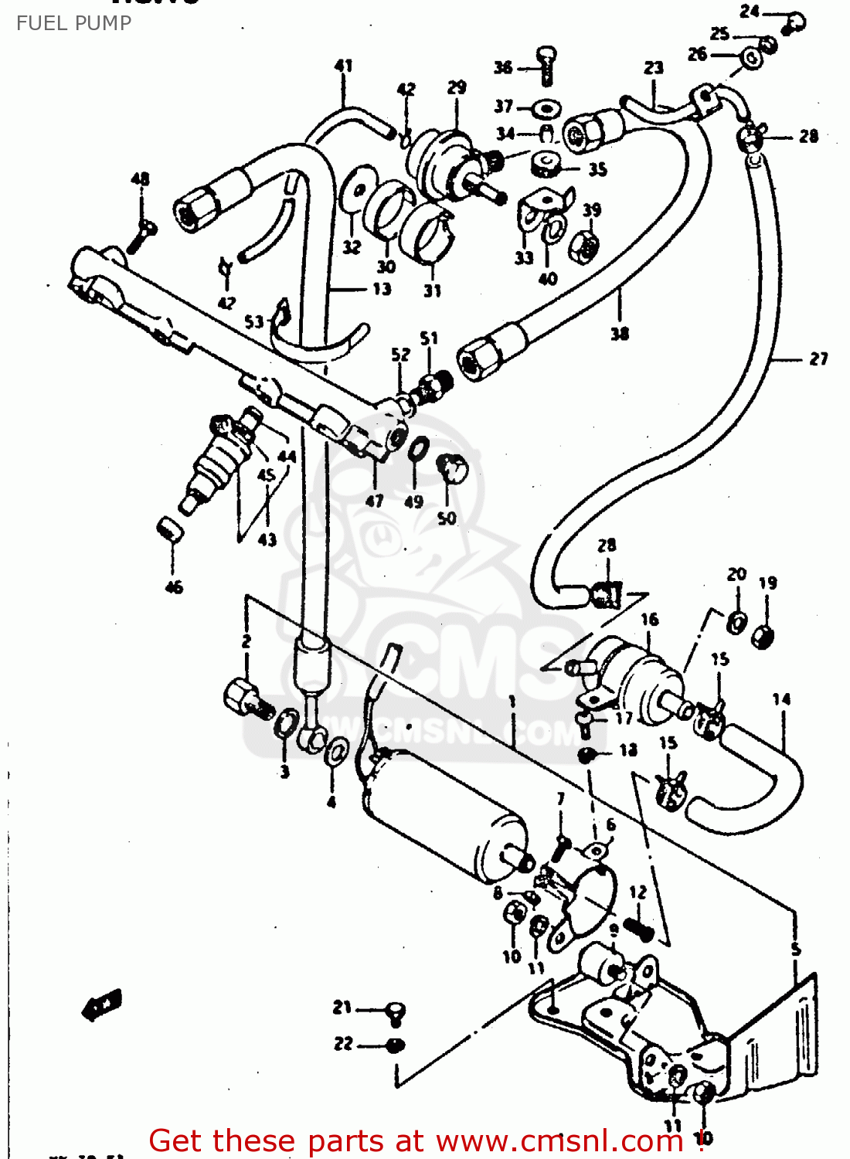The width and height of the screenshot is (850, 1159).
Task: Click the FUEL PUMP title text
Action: click(x=74, y=23)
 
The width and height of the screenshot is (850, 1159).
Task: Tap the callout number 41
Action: click(x=343, y=66)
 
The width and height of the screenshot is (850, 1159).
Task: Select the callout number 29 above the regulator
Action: click(x=457, y=87)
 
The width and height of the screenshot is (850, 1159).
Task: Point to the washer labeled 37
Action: click(x=546, y=107)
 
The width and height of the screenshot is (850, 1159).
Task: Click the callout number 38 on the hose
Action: click(x=620, y=334)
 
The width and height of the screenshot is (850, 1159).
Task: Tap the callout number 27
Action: click(x=818, y=359)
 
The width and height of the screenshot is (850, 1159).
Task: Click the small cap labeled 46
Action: click(x=169, y=529)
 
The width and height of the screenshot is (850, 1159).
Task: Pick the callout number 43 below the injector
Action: click(x=267, y=539)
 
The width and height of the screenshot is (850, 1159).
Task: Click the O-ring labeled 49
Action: click(x=418, y=448)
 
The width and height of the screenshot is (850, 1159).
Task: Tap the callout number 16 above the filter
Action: click(x=649, y=619)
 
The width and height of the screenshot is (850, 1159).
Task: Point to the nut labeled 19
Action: click(x=763, y=637)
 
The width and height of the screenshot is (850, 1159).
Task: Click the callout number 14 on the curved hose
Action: click(x=781, y=699)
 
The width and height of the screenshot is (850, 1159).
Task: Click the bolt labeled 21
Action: click(x=396, y=1011)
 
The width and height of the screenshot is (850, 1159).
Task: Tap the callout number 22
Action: click(x=344, y=1044)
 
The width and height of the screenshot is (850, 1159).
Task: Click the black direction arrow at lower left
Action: click(x=101, y=1005)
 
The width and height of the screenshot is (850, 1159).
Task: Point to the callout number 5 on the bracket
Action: click(x=796, y=949)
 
